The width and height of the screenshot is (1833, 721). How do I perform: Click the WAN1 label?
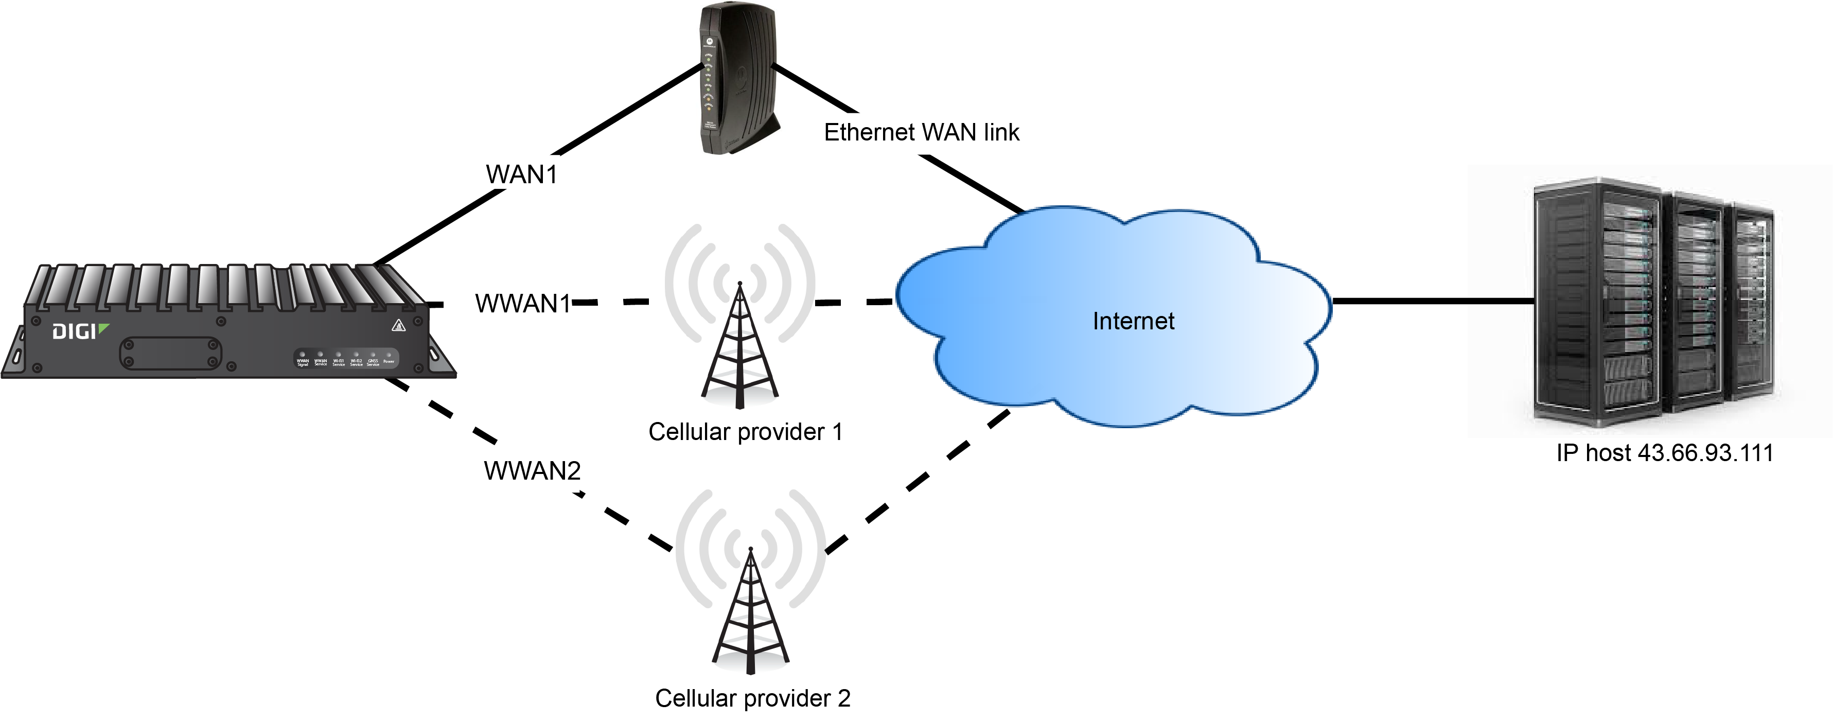click(x=522, y=174)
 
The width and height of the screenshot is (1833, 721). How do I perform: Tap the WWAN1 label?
click(x=523, y=304)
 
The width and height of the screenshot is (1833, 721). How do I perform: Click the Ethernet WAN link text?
click(x=922, y=132)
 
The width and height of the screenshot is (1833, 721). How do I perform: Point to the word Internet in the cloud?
click(x=1133, y=321)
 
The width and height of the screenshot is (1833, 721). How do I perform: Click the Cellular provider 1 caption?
click(x=745, y=432)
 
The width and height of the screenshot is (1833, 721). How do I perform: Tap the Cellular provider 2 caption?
click(x=752, y=698)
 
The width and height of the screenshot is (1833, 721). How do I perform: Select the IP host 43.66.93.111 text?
click(x=1664, y=453)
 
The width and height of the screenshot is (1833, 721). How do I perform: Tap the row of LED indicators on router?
click(x=346, y=357)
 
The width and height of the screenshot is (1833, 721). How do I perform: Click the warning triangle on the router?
click(x=398, y=326)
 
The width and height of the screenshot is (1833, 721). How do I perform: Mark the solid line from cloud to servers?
click(x=1430, y=301)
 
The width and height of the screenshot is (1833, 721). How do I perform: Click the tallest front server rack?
click(x=1597, y=303)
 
